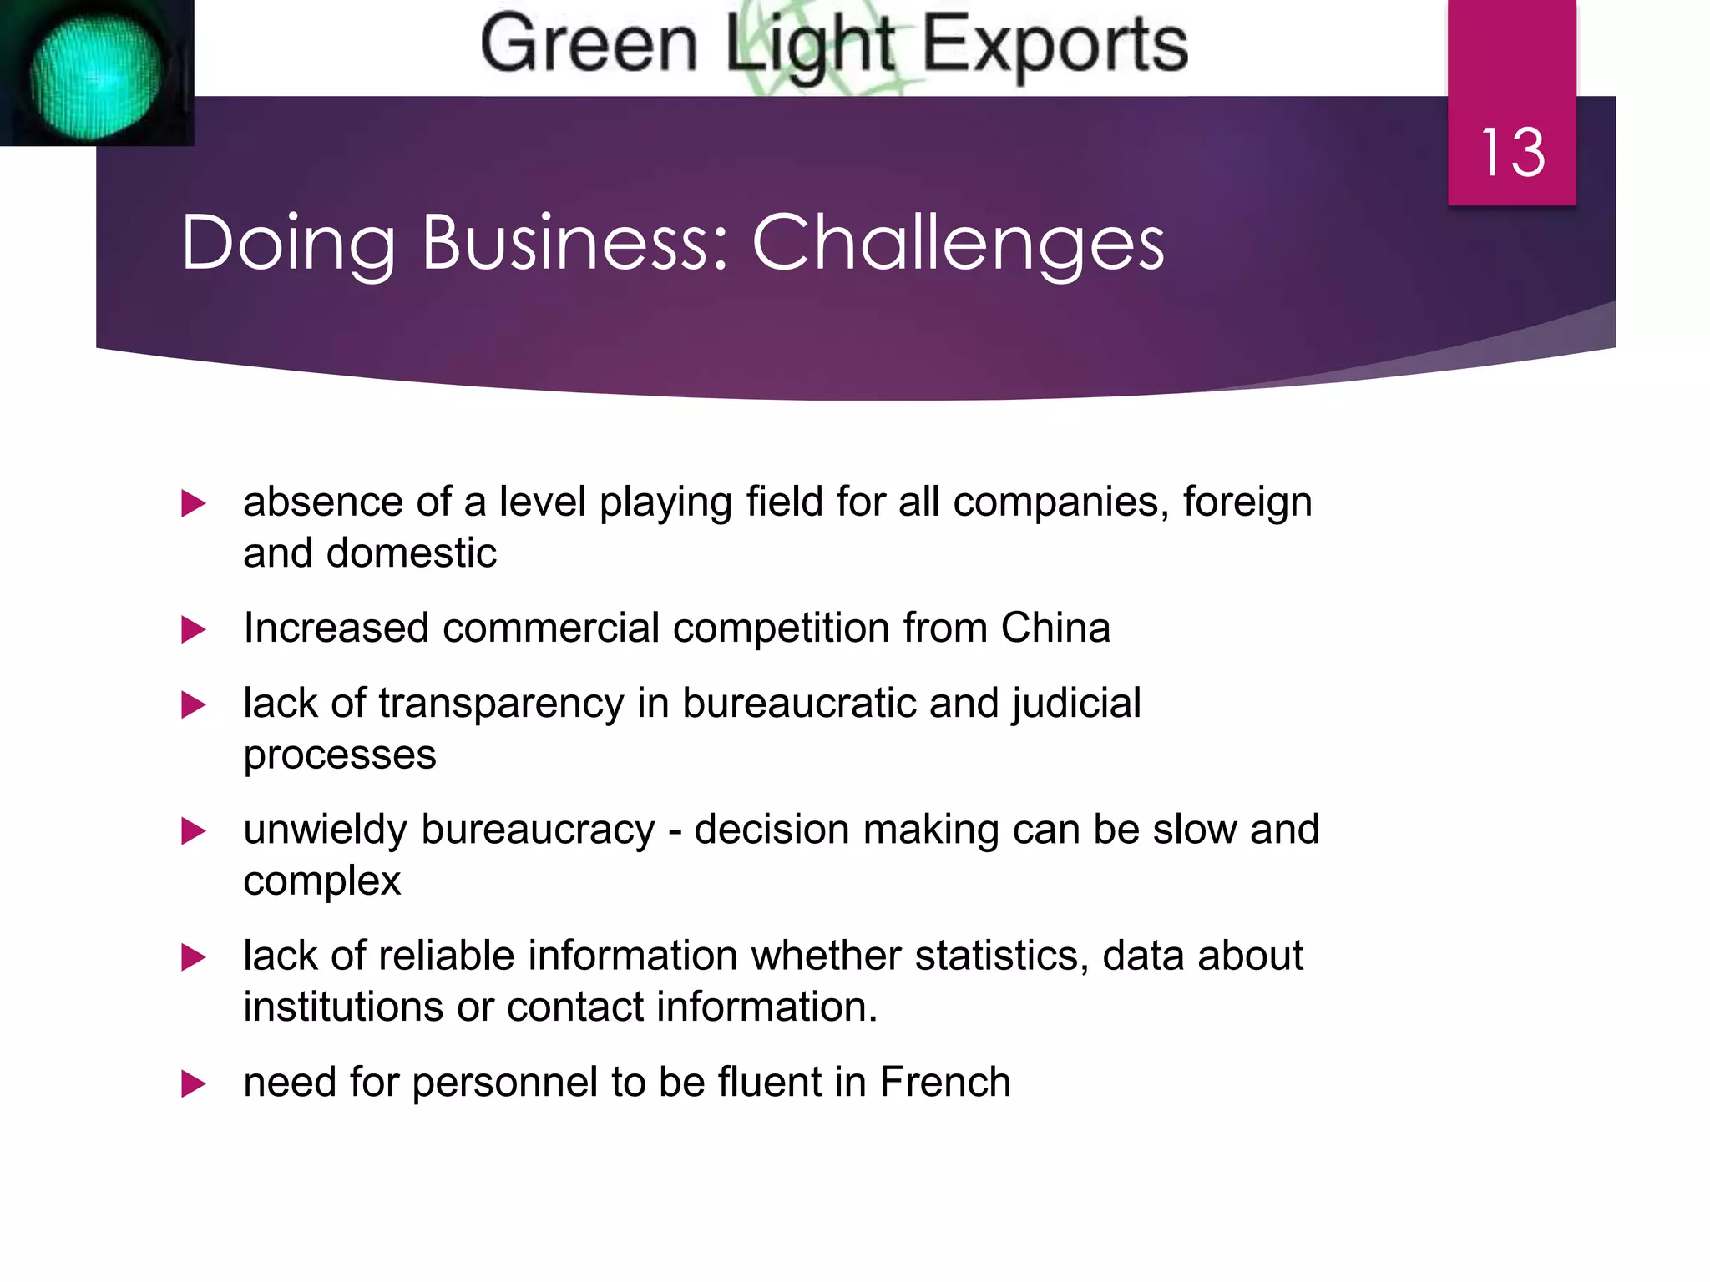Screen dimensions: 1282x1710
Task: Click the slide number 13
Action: click(1512, 153)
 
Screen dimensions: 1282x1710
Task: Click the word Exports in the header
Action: click(1055, 45)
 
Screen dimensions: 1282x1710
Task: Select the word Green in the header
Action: click(589, 45)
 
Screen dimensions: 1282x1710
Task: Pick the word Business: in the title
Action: click(574, 243)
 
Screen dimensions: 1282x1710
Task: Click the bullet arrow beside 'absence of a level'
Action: click(193, 503)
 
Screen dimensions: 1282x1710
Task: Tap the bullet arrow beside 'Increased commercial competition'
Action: click(193, 629)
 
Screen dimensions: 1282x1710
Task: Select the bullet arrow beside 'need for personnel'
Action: click(193, 1083)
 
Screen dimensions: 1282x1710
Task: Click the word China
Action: click(1055, 628)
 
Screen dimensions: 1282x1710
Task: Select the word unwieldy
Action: click(325, 830)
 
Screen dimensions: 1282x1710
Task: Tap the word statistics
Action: click(1002, 956)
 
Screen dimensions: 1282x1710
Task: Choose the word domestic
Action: click(412, 553)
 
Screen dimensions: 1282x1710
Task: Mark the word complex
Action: click(322, 881)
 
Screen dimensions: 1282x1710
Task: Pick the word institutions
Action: click(343, 1007)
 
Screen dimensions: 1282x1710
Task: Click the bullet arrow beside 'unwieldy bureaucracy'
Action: click(193, 831)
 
